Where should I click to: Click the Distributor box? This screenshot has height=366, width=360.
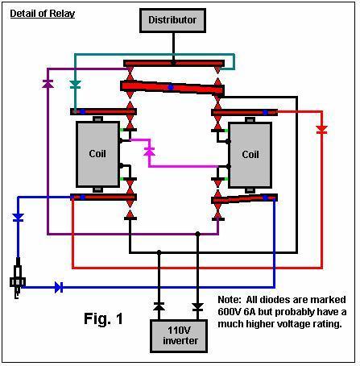(x=172, y=20)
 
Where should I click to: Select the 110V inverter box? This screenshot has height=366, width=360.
(x=179, y=336)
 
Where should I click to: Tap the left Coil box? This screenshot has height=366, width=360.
(x=97, y=154)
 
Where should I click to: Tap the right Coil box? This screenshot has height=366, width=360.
(x=250, y=155)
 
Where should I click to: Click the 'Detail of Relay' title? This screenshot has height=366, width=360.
(x=43, y=14)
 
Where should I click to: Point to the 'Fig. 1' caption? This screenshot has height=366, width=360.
(x=103, y=318)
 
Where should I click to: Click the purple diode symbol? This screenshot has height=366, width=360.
(x=48, y=84)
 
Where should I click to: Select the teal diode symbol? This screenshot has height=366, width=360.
(x=75, y=85)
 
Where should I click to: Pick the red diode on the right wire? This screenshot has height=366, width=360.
(x=321, y=130)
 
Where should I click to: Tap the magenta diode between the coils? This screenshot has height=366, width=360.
(x=149, y=152)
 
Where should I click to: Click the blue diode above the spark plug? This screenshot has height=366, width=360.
(x=18, y=218)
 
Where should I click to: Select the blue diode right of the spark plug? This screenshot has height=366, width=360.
(x=59, y=287)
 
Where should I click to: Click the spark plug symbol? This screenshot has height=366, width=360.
(x=18, y=278)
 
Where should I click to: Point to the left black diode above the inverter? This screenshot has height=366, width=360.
(x=159, y=306)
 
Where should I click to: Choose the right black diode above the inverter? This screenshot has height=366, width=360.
(x=197, y=307)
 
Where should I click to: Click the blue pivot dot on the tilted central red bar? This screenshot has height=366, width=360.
(x=171, y=87)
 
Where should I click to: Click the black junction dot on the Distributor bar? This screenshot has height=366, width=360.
(x=173, y=63)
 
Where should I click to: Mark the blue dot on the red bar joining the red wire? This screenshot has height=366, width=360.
(x=265, y=113)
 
